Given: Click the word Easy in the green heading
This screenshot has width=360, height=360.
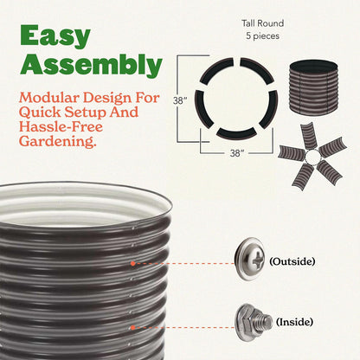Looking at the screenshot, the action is (x=55, y=36).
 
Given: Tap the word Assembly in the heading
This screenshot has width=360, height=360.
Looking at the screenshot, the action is (x=91, y=65).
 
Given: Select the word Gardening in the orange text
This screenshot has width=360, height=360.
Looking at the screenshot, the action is (x=58, y=141).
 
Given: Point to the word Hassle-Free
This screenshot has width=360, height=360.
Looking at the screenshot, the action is (x=61, y=126).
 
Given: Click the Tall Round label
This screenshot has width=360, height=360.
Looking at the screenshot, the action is (x=262, y=23).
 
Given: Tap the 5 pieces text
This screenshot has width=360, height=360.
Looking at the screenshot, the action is (x=262, y=36).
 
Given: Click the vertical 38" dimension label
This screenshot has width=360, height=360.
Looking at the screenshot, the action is (x=180, y=100).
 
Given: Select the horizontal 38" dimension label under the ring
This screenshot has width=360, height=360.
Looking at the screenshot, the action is (x=237, y=153).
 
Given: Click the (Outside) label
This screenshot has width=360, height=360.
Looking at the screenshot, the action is (x=292, y=261).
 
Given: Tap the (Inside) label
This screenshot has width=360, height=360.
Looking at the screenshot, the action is (x=294, y=322).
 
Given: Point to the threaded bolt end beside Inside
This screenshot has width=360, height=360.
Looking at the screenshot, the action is (x=267, y=321).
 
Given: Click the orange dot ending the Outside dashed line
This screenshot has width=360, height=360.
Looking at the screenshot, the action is (x=132, y=263).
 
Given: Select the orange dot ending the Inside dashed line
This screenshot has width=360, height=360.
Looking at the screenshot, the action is (x=132, y=328).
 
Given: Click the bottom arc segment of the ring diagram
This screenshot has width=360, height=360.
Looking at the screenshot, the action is (x=236, y=133).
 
